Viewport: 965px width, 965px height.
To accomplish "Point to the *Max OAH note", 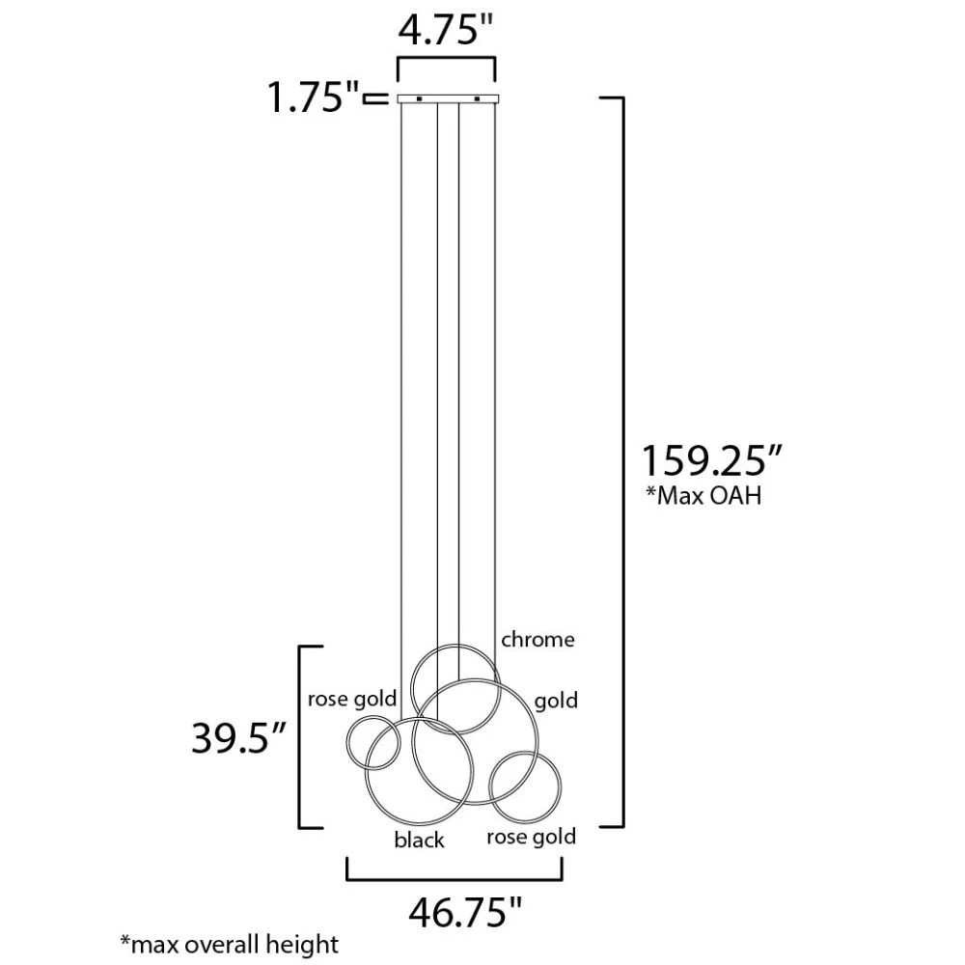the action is click(x=703, y=495).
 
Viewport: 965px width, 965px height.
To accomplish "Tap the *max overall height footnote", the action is click(x=230, y=944).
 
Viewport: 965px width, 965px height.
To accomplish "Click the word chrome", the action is click(x=538, y=640).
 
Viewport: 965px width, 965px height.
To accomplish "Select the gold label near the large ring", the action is click(x=556, y=701).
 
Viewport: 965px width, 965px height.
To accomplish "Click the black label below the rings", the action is click(x=419, y=840).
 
